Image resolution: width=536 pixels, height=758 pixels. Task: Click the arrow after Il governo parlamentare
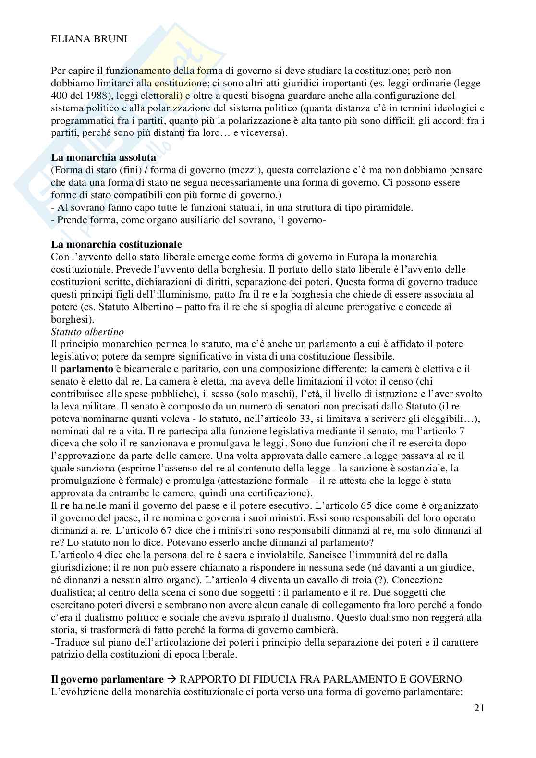click(x=171, y=679)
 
